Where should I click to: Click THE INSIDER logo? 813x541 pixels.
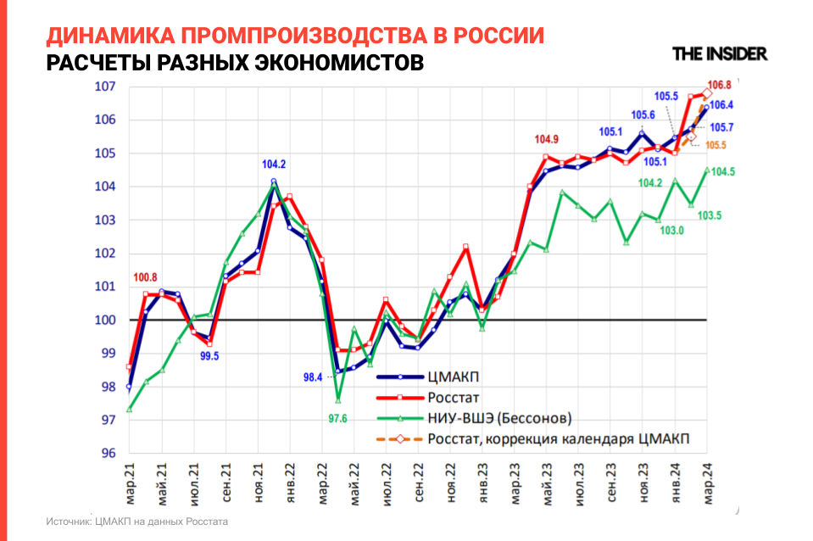[720, 53]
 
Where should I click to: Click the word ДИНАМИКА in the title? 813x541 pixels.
[109, 36]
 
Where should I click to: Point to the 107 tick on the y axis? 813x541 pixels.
[105, 86]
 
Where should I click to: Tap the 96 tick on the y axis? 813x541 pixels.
[107, 454]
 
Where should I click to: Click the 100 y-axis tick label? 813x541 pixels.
[105, 321]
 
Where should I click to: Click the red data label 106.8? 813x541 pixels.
[719, 85]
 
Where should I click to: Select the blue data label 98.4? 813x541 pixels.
[313, 377]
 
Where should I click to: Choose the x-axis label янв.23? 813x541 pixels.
[483, 487]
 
